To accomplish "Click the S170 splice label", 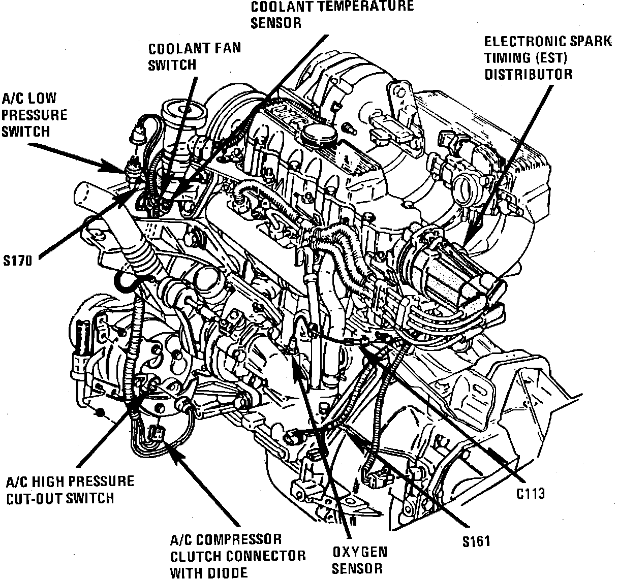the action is (18, 261).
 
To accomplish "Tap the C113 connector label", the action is (531, 494).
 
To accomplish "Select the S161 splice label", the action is (476, 541).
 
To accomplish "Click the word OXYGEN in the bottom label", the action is (360, 552).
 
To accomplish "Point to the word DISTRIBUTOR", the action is (529, 74).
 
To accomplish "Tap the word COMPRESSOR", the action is (239, 540).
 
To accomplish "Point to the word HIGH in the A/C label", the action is (47, 481).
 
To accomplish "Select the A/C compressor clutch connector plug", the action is (156, 433).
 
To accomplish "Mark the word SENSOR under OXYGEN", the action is (357, 568).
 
